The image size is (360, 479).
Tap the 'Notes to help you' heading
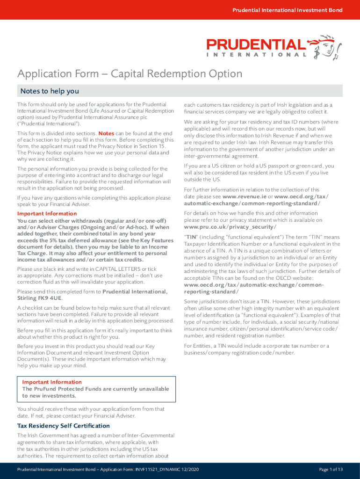[48, 91]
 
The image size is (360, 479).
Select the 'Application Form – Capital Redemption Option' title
[130, 74]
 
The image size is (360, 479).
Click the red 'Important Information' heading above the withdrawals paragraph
[47, 214]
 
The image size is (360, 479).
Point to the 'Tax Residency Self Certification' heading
[64, 426]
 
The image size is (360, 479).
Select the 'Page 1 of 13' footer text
[331, 470]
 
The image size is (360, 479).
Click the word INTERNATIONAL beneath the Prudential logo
[257, 54]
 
